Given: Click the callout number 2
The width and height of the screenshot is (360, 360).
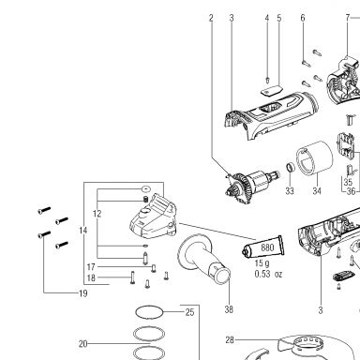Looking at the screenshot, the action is pyautogui.click(x=211, y=18).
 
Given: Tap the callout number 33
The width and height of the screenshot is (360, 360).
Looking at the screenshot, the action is pyautogui.click(x=290, y=190).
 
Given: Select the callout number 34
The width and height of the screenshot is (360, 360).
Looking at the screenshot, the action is pyautogui.click(x=317, y=190).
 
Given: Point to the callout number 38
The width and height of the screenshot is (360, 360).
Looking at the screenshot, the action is pyautogui.click(x=229, y=309).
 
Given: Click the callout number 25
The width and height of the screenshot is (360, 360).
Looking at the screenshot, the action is pyautogui.click(x=189, y=312).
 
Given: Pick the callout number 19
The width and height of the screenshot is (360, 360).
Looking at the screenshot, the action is pyautogui.click(x=83, y=293).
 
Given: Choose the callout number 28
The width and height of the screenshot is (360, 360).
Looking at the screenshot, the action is pyautogui.click(x=230, y=339).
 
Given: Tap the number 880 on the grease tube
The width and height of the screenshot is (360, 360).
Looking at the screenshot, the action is pyautogui.click(x=267, y=247).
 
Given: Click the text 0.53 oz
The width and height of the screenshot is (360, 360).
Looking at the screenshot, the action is pyautogui.click(x=268, y=274).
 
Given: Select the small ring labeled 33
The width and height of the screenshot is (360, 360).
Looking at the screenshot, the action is pyautogui.click(x=291, y=168).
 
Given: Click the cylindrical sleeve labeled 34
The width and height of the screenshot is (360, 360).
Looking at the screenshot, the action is pyautogui.click(x=315, y=158).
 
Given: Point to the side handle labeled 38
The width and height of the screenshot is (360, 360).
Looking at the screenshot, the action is pyautogui.click(x=203, y=259).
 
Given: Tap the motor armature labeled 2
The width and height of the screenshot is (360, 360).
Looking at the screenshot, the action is pyautogui.click(x=251, y=186).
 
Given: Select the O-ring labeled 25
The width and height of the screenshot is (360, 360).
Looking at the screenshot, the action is pyautogui.click(x=149, y=312).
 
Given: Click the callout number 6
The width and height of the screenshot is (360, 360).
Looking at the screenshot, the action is pyautogui.click(x=303, y=18).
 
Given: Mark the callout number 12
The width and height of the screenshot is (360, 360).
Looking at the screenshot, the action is pyautogui.click(x=97, y=214).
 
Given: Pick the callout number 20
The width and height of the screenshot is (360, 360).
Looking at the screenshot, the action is pyautogui.click(x=82, y=344).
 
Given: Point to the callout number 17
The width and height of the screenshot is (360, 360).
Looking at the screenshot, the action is pyautogui.click(x=91, y=267).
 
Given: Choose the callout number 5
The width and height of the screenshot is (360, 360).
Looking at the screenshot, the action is pyautogui.click(x=279, y=18).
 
